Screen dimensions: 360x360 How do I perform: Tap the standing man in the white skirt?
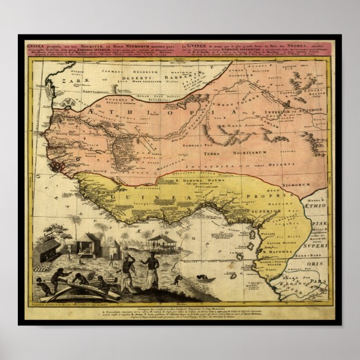(x=149, y=271)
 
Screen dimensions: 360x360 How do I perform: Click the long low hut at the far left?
(x=46, y=251)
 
